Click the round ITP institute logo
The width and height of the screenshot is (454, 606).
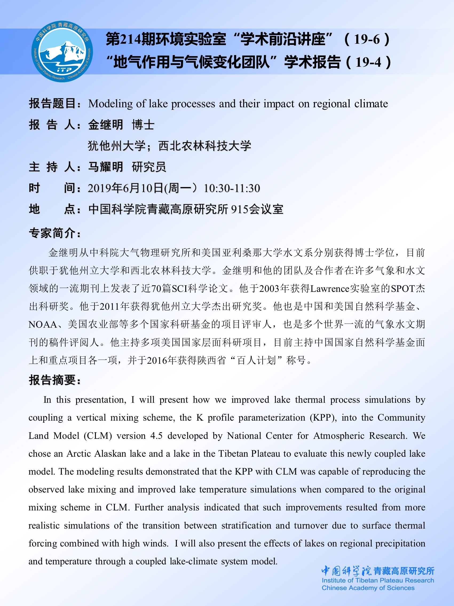[62, 51]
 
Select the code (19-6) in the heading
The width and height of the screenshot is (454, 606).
[367, 39]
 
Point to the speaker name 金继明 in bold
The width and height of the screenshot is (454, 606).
[105, 125]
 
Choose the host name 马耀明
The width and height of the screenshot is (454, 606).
[105, 167]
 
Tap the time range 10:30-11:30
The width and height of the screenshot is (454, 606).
[232, 188]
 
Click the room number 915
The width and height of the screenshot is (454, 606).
[239, 209]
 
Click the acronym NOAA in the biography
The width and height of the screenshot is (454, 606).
[43, 324]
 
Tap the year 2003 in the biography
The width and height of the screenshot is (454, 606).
[269, 289]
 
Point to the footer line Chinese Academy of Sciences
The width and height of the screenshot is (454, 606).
[368, 588]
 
